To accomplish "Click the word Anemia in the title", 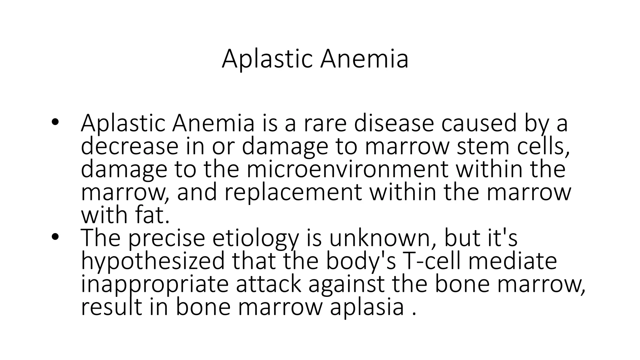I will [364, 59].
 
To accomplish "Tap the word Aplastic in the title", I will [267, 59].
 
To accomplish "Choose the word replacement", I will [293, 192].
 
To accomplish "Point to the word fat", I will [152, 215].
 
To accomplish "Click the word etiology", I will [255, 238].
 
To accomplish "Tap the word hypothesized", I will [153, 261].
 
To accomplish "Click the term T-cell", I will [432, 261].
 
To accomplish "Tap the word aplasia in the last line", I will [367, 307].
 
